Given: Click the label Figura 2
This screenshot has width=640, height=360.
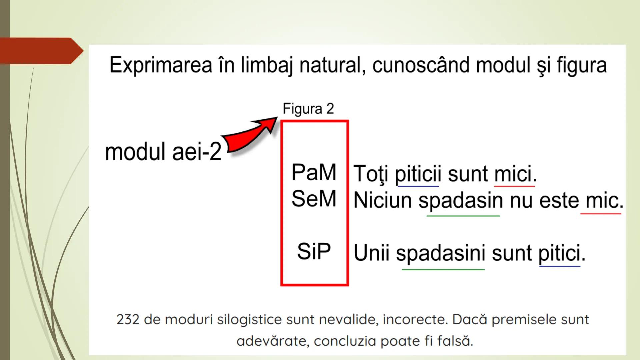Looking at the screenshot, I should [308, 109].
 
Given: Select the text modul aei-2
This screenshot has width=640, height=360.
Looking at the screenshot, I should [163, 152].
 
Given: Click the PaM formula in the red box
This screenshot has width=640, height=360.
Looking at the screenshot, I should [314, 172].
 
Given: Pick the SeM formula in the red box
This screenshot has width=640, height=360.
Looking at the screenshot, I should [314, 199].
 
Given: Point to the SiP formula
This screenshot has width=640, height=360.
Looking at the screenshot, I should [314, 251].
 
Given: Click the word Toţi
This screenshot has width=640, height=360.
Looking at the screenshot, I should [370, 174].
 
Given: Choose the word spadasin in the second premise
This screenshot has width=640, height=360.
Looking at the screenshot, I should [461, 201].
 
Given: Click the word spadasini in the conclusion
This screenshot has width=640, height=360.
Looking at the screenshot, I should [440, 253].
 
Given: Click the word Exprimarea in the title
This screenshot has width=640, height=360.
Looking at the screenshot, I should [161, 65].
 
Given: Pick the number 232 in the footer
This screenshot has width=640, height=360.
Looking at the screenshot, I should [128, 319].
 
